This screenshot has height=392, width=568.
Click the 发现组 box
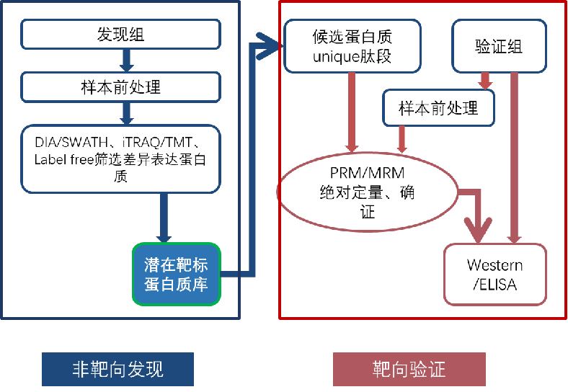(x=120, y=34)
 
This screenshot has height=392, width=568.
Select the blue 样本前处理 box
(x=120, y=87)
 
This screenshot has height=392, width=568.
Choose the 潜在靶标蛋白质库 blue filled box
(x=176, y=274)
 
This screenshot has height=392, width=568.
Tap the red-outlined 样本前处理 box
(x=438, y=109)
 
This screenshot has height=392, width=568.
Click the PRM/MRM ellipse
(x=368, y=193)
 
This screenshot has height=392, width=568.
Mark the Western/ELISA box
(x=494, y=275)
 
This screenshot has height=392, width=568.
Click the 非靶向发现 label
(x=117, y=370)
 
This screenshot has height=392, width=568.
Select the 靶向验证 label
(x=409, y=370)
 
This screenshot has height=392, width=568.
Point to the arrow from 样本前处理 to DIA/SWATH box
(x=127, y=112)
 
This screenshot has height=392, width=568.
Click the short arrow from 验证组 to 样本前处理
(x=485, y=79)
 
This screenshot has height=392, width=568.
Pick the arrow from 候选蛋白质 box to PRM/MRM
(x=352, y=115)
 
